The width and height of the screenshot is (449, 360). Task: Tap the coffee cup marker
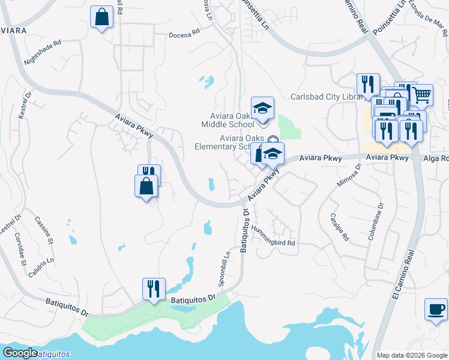click(x=436, y=310)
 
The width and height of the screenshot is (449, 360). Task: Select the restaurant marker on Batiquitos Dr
click(x=154, y=289)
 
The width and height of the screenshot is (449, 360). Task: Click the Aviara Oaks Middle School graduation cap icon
click(x=262, y=108)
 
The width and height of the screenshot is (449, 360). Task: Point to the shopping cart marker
click(x=422, y=94)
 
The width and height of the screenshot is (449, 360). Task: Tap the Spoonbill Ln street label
click(x=224, y=268)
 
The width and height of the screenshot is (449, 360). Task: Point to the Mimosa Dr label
click(x=349, y=175)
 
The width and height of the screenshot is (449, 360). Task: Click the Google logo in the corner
click(x=20, y=353)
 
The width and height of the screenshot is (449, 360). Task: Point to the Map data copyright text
click(x=411, y=355)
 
